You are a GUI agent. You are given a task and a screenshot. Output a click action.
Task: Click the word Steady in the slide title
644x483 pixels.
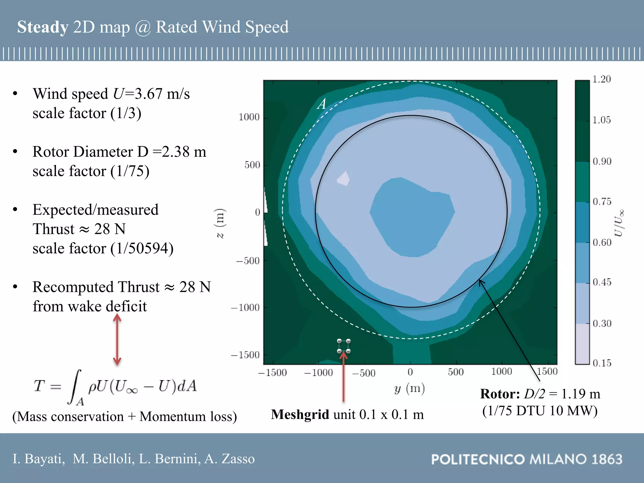coord(42,27)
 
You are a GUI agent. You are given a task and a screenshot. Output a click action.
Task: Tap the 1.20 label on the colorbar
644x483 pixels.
coord(601,79)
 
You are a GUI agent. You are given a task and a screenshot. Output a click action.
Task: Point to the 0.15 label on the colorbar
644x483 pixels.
coord(602,363)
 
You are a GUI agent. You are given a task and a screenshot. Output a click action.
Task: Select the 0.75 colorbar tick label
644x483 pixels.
coord(602,202)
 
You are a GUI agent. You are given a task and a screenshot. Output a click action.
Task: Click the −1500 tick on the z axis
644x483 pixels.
coord(245,355)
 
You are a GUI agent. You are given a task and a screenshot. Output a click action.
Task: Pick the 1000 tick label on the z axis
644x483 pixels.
coord(249,117)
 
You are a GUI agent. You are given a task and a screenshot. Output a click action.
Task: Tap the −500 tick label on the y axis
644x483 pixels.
coord(364,373)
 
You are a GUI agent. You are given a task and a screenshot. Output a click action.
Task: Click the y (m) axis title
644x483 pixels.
coord(409,389)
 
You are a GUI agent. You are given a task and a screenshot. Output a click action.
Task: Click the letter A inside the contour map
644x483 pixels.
coord(322,104)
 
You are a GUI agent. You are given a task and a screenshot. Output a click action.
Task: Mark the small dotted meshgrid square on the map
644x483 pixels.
coord(344,346)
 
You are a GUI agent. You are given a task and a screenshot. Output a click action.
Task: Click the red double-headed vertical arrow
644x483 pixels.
coord(117,340)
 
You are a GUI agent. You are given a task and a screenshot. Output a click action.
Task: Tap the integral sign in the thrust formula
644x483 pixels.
coord(75,387)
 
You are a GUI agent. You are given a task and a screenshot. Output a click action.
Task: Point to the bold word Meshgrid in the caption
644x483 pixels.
coord(300,415)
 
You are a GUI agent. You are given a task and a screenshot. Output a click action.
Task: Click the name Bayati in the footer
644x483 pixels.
coord(44,459)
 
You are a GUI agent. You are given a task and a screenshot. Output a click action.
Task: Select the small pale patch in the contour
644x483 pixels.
coord(344,179)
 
